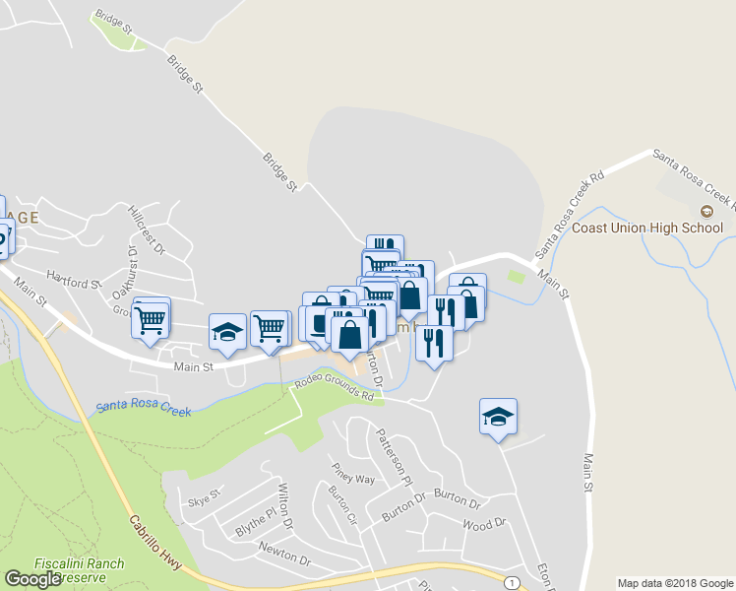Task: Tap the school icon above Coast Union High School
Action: point(705,212)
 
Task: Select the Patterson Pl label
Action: point(390,456)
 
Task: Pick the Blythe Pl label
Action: point(256,522)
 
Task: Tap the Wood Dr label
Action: point(483,524)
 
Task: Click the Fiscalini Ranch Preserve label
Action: point(79,569)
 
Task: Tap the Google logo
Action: point(31,579)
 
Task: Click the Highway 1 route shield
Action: point(512,582)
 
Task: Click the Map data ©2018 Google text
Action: point(674,582)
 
